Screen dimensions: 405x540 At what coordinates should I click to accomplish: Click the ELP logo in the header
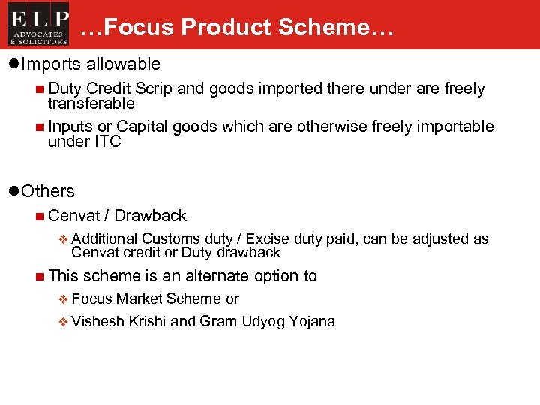(x=38, y=24)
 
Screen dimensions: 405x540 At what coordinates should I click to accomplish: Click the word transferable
(x=91, y=103)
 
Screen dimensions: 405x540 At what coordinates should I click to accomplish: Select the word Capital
(x=142, y=126)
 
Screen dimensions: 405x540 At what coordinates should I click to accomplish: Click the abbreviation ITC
(x=105, y=142)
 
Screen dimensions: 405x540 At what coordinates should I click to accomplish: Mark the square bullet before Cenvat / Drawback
(x=38, y=217)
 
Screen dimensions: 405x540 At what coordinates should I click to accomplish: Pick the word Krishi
(x=147, y=322)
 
